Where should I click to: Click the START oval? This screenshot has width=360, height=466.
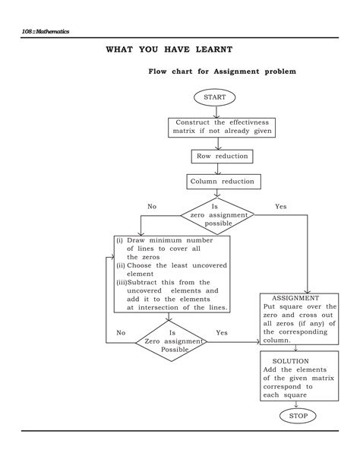coord(216,97)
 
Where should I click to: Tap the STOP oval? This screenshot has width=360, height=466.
coord(294,416)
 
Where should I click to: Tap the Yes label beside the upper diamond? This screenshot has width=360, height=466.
coord(280,207)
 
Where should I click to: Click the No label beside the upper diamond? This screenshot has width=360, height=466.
coord(152,207)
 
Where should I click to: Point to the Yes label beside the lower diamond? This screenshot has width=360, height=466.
coord(222,333)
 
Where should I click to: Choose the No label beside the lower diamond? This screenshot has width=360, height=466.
coord(121,333)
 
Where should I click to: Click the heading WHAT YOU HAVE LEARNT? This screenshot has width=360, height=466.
coord(169,49)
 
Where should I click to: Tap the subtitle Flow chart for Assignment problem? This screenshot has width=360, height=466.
coord(222,71)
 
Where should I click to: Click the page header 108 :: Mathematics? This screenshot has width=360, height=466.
coord(46,31)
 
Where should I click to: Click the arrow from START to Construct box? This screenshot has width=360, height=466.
coord(216,111)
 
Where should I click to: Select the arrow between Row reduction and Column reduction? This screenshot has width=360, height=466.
coord(220,169)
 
